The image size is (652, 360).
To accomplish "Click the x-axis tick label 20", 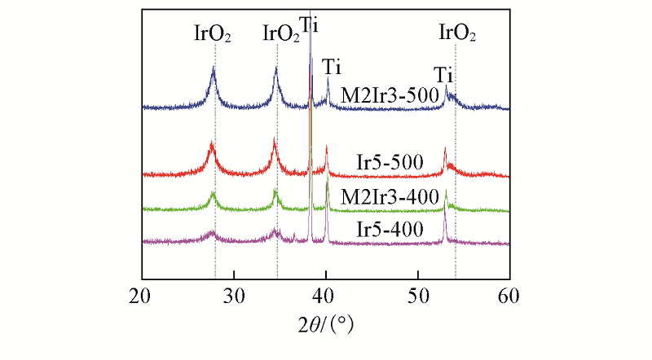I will click(142, 294).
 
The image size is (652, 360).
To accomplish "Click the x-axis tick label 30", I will click(234, 294).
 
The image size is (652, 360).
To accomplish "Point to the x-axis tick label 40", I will click(326, 294).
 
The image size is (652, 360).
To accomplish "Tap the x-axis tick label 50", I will click(418, 294).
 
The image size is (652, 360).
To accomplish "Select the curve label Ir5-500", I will click(390, 162).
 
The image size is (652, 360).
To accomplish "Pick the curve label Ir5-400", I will click(390, 229).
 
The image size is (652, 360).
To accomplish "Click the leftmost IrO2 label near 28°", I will click(212, 34).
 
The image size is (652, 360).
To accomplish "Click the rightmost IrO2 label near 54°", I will click(457, 34).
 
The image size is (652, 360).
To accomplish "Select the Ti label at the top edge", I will click(310, 24).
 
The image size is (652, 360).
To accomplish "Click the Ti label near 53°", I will click(443, 75).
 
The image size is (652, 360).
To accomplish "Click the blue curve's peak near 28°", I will click(214, 68).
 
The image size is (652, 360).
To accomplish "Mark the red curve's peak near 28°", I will click(212, 144).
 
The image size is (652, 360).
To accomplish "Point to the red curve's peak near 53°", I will click(445, 148).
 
